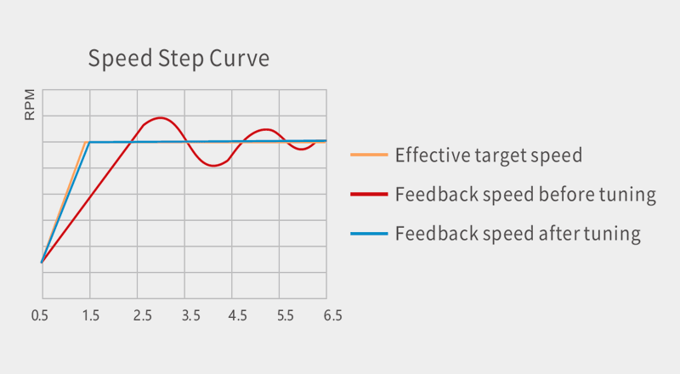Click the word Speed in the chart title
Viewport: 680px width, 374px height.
pyautogui.click(x=118, y=59)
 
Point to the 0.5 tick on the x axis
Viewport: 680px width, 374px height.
pyautogui.click(x=41, y=315)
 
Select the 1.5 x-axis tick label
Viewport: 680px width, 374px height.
pyautogui.click(x=90, y=315)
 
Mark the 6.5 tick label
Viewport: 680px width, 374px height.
pyautogui.click(x=332, y=315)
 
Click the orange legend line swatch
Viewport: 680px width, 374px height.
pyautogui.click(x=369, y=156)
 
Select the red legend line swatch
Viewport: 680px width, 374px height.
pyautogui.click(x=369, y=195)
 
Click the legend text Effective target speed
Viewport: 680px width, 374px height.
pyautogui.click(x=489, y=156)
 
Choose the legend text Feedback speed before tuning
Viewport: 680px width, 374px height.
pyautogui.click(x=525, y=195)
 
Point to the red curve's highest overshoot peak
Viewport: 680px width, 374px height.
pyautogui.click(x=160, y=118)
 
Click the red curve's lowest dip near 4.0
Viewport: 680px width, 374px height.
pyautogui.click(x=214, y=165)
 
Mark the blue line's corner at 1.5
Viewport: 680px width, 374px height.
pyautogui.click(x=90, y=142)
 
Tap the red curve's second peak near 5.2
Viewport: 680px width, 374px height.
pyautogui.click(x=266, y=129)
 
